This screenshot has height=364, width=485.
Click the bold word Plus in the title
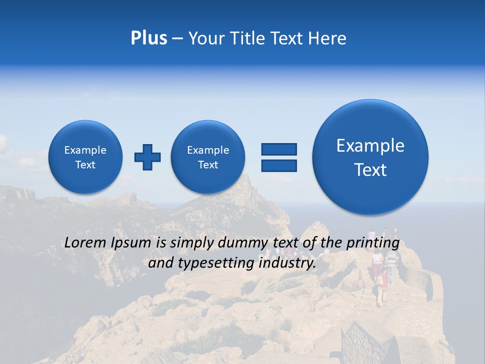click(149, 38)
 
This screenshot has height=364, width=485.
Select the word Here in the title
click(328, 38)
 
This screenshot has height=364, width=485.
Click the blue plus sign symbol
click(148, 157)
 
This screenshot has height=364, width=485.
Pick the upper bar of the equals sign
click(279, 149)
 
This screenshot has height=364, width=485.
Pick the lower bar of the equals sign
click(279, 165)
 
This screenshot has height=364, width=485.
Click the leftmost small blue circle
click(85, 157)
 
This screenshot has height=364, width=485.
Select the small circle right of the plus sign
click(208, 157)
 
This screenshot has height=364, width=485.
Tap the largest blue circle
click(370, 157)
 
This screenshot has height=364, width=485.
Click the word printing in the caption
click(374, 243)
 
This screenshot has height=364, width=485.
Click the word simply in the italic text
click(189, 243)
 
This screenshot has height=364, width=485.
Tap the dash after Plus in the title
click(177, 39)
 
